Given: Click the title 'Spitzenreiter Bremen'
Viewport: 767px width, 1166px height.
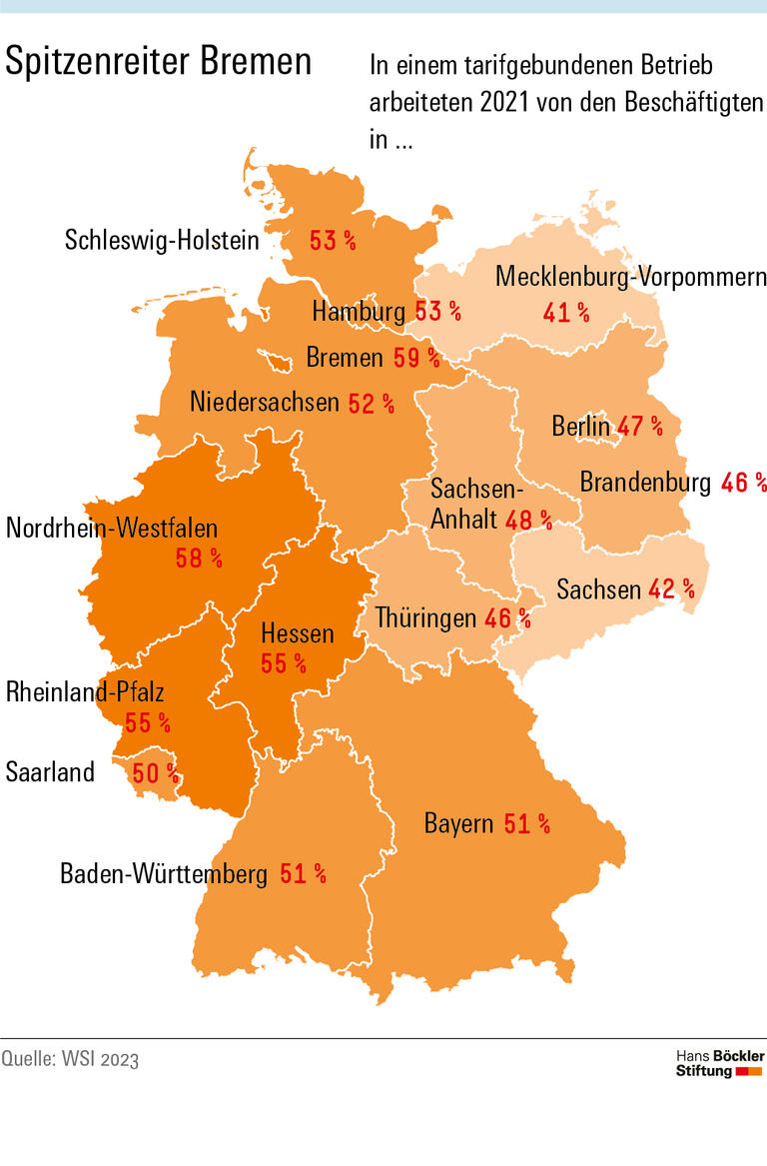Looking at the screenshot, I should (159, 62).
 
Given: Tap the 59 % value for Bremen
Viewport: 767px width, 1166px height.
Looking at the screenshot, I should (415, 358).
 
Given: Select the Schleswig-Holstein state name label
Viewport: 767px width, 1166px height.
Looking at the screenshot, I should (162, 240).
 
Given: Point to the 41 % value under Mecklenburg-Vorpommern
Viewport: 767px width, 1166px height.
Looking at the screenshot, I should (566, 313).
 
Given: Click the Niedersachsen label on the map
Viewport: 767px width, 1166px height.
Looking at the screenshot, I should (265, 403).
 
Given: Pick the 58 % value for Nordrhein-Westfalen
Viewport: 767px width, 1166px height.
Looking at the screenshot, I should (199, 558).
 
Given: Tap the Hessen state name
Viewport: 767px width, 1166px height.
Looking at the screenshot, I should (297, 632).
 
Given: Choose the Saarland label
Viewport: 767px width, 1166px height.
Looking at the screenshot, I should (50, 772).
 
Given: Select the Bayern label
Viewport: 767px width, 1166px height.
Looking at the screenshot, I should (458, 824).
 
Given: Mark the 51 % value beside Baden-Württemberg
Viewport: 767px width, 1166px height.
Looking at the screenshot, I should (303, 874).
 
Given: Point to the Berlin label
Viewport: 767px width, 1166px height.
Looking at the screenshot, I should (580, 427).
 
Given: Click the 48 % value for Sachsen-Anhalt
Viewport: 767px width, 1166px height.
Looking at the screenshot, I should (530, 519).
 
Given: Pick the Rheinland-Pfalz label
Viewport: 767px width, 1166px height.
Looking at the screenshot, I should (85, 691).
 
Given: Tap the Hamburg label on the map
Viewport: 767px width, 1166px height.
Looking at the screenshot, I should (359, 312).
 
